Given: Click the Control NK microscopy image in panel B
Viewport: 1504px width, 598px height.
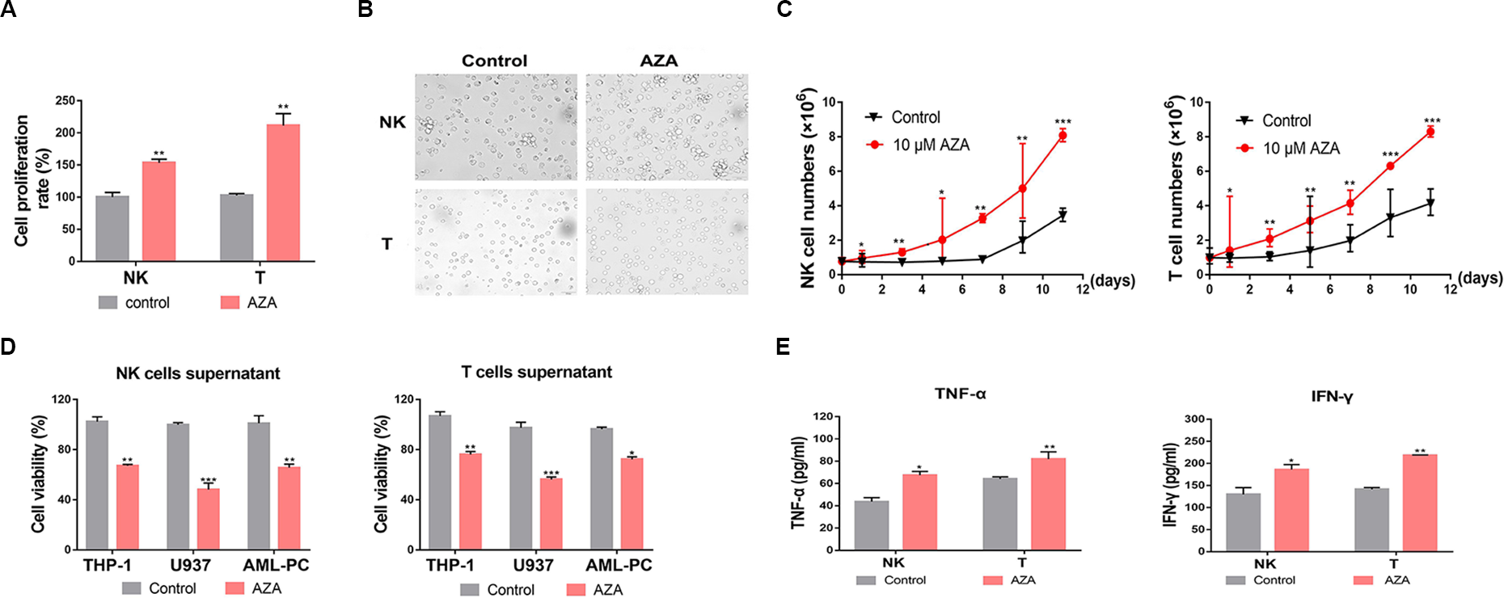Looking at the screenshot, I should [496, 127].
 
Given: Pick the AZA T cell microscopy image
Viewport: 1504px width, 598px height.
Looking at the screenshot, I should [666, 242].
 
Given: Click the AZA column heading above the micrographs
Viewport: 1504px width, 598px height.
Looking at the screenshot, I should [659, 61].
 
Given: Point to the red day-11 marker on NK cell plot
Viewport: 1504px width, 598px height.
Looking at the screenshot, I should [1062, 136].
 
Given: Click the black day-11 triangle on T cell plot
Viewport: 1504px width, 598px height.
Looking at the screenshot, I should [1430, 203].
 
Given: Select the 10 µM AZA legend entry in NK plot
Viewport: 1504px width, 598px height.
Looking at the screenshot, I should [930, 145].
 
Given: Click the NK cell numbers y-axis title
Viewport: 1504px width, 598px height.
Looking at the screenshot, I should [808, 190].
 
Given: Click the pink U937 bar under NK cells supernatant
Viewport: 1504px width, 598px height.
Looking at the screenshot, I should [208, 519].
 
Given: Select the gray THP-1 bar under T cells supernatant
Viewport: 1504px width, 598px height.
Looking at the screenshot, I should [440, 482].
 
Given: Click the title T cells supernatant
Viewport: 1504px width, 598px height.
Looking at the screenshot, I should [536, 373].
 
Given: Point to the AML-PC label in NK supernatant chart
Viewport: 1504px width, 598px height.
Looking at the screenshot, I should [277, 565].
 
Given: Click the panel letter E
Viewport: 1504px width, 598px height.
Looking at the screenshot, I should [783, 347].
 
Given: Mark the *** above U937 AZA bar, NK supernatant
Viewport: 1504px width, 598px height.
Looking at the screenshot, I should [209, 480].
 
